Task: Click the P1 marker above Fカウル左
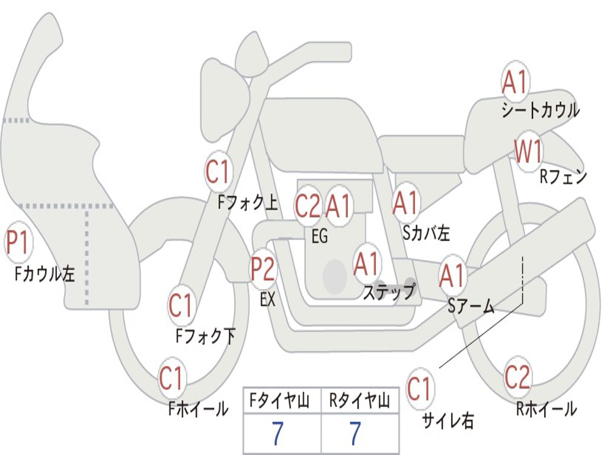(x=18, y=242)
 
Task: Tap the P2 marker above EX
(x=263, y=268)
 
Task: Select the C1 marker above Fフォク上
(x=218, y=171)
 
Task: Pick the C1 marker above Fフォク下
(x=181, y=305)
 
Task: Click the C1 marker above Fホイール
(x=171, y=377)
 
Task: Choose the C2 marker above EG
(x=308, y=206)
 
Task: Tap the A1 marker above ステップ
(x=366, y=264)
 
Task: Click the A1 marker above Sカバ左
(x=405, y=203)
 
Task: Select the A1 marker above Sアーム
(x=452, y=275)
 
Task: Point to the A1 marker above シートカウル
(x=516, y=82)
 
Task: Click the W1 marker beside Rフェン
(x=528, y=151)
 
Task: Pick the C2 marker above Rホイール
(x=517, y=377)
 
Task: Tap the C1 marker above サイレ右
(x=420, y=388)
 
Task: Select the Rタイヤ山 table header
(x=359, y=400)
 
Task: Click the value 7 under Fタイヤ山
(x=278, y=433)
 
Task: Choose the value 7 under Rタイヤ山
(x=356, y=433)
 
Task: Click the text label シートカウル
(x=541, y=110)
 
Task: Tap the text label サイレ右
(x=448, y=421)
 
